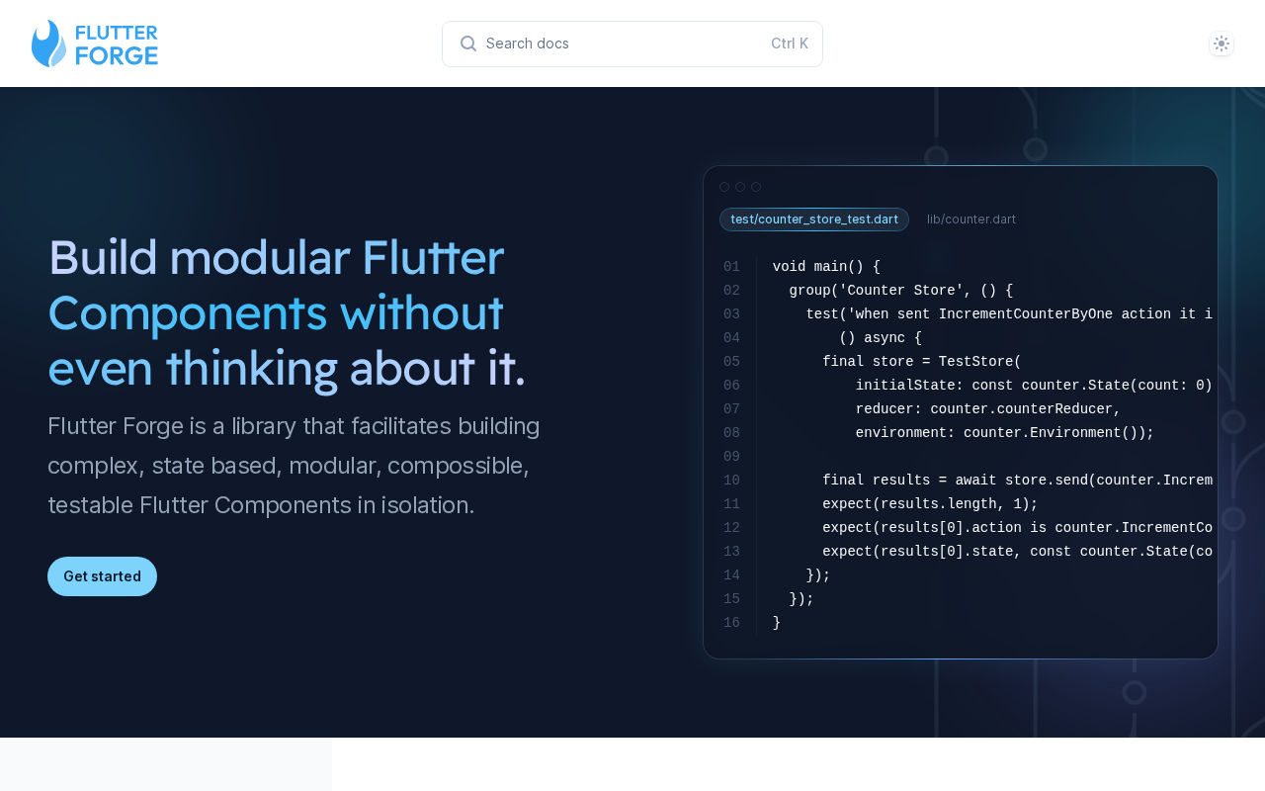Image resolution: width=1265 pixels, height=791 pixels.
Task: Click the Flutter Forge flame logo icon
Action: [48, 44]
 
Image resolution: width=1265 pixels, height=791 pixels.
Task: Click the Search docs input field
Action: [632, 44]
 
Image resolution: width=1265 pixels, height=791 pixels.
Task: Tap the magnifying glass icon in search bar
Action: [468, 44]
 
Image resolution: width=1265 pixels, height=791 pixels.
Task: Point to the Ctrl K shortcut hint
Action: [790, 44]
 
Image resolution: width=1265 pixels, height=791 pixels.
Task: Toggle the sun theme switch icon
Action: [1221, 44]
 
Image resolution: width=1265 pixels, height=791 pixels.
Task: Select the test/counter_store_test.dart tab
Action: [813, 220]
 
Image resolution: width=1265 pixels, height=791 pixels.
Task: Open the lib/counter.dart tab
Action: [970, 220]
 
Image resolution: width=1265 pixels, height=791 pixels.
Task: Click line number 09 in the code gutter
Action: [731, 456]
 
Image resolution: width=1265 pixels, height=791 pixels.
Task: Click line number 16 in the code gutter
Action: [731, 622]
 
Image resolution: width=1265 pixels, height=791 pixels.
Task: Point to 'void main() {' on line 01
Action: [826, 266]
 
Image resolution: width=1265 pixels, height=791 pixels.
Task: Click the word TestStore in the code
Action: [975, 361]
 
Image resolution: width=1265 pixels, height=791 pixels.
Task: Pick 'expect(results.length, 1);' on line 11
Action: [930, 503]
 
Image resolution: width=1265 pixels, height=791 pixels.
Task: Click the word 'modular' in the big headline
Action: [260, 258]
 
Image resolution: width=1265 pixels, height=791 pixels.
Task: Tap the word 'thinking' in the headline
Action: [251, 369]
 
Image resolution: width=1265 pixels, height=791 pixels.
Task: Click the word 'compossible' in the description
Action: [457, 466]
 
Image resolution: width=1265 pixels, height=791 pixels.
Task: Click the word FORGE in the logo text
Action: [117, 56]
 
